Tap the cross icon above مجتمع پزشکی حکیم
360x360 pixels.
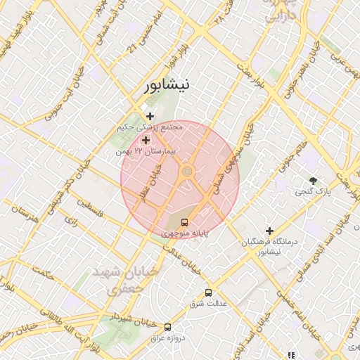[150, 116]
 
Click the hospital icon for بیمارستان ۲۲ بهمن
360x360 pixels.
[146, 140]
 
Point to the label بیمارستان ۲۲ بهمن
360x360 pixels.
[148, 151]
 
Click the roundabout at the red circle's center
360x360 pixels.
[187, 172]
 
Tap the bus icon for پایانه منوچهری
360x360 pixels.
[185, 223]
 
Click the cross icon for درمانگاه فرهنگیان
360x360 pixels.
[269, 231]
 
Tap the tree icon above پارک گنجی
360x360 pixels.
[313, 180]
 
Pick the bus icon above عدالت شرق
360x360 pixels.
[208, 292]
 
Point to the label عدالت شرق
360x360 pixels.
[207, 304]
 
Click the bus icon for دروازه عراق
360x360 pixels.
[167, 327]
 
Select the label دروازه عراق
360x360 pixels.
[167, 338]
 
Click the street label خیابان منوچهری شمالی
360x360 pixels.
[228, 173]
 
